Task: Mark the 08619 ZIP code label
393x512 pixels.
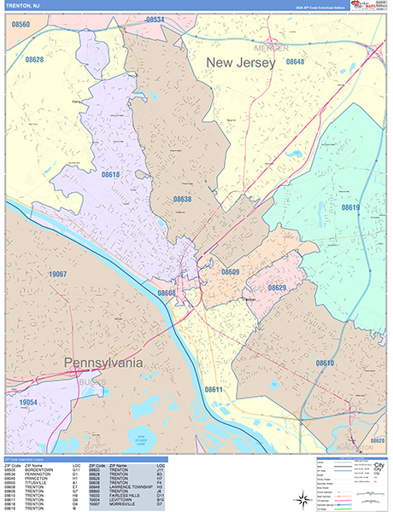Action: pos(350,207)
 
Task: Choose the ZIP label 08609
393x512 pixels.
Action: pos(230,271)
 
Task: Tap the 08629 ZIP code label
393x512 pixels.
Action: pos(277,288)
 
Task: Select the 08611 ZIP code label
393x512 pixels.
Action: pos(214,389)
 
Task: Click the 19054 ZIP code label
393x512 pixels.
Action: pos(29,402)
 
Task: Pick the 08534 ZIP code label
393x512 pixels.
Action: pos(155,19)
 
